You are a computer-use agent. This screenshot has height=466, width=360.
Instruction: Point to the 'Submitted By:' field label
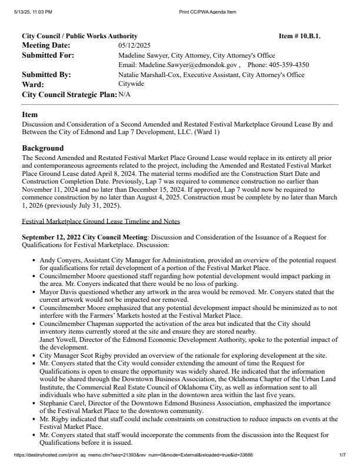(x=46, y=75)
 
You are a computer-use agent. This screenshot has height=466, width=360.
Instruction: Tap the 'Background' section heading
(x=42, y=148)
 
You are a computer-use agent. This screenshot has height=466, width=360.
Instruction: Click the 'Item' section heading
(x=29, y=115)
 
